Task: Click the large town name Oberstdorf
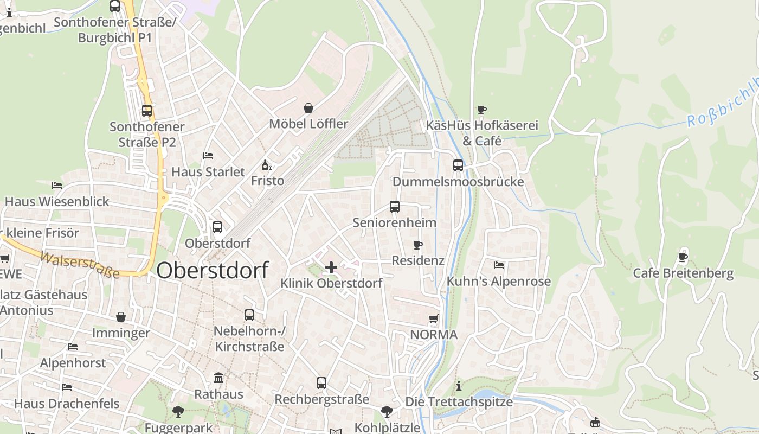(x=213, y=270)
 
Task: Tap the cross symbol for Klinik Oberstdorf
(x=331, y=267)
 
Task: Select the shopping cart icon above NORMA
(x=433, y=318)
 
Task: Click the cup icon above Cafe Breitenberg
(x=683, y=257)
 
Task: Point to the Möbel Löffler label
(x=308, y=124)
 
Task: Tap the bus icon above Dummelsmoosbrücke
(x=458, y=165)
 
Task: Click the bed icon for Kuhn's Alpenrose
(x=499, y=265)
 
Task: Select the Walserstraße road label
(x=80, y=264)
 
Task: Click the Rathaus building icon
(x=218, y=378)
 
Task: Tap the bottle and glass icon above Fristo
(x=267, y=165)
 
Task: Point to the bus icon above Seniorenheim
(x=394, y=207)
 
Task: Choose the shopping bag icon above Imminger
(x=121, y=317)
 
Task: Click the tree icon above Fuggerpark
(x=178, y=412)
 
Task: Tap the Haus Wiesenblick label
(x=57, y=202)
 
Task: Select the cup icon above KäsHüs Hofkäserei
(x=482, y=110)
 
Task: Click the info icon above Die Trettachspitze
(x=459, y=386)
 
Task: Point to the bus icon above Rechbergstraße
(x=321, y=383)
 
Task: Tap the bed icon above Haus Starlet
(x=208, y=156)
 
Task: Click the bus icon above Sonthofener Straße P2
(x=147, y=111)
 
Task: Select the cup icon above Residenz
(x=417, y=245)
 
